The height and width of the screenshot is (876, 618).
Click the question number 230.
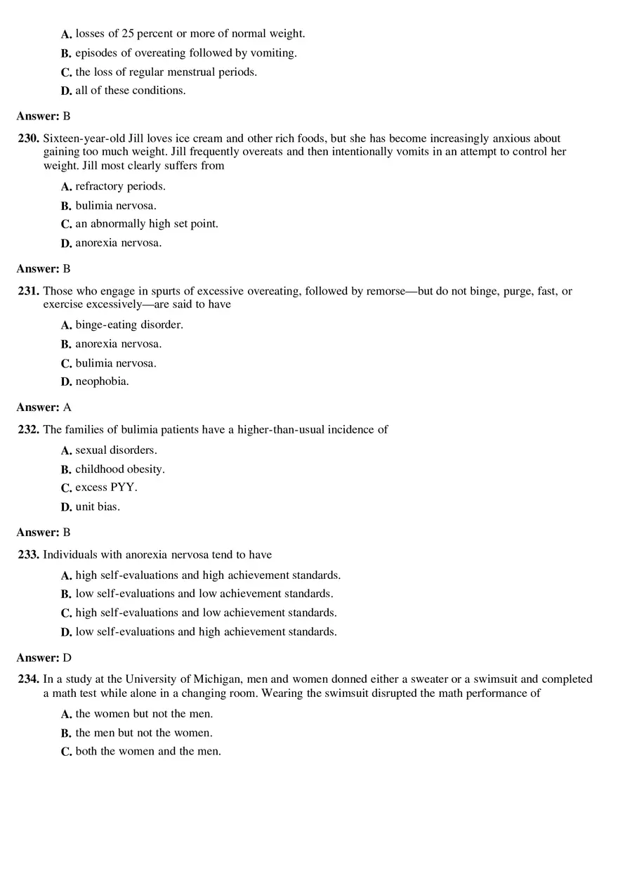click(x=28, y=139)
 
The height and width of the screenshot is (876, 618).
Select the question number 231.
click(x=28, y=291)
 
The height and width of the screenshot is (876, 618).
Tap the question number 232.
click(x=28, y=429)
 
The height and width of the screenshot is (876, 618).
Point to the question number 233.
click(x=28, y=554)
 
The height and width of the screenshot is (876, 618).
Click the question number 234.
click(x=28, y=679)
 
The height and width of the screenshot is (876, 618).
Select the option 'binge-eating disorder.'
click(x=129, y=325)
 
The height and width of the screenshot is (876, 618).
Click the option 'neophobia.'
click(x=103, y=381)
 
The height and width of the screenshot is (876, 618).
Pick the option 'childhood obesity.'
click(x=120, y=469)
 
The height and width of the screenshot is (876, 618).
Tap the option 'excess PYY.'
click(x=106, y=488)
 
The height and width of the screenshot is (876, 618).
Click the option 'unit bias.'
click(x=98, y=506)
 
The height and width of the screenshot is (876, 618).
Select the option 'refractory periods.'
click(x=121, y=186)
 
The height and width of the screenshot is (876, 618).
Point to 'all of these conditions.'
click(x=131, y=90)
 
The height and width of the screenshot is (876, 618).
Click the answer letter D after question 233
click(x=67, y=658)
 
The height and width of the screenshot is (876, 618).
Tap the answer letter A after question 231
click(x=67, y=407)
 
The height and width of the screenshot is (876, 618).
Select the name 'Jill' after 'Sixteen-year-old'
click(x=138, y=139)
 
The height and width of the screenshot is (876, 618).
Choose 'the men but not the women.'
click(x=144, y=733)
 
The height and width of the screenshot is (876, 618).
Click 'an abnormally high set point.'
click(x=147, y=223)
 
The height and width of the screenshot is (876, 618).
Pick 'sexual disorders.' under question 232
click(x=116, y=450)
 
